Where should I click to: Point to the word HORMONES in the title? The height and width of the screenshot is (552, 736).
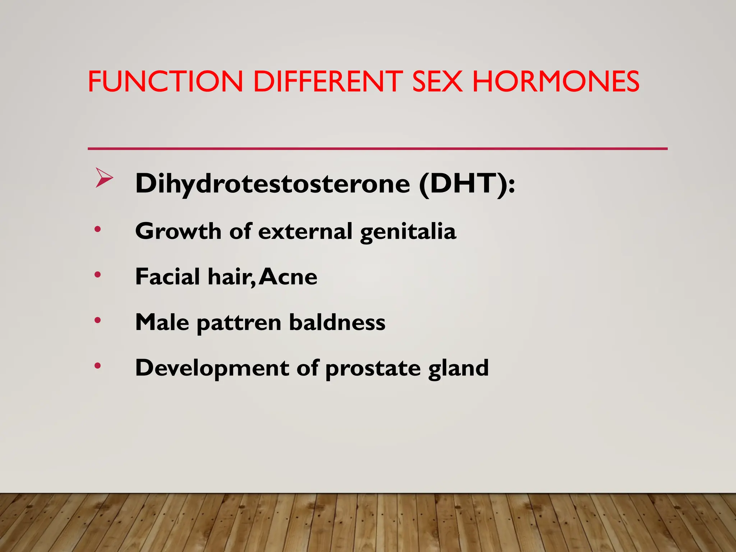(x=556, y=82)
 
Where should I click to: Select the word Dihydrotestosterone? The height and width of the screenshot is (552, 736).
(x=272, y=184)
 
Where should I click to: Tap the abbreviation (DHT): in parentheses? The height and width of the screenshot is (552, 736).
(x=467, y=184)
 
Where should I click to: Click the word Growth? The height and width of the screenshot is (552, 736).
(x=178, y=231)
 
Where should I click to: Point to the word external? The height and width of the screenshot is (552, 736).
(x=305, y=231)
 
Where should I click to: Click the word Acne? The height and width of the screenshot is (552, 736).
(x=288, y=277)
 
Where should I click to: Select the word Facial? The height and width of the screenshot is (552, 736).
(x=167, y=277)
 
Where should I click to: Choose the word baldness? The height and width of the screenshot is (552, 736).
(x=337, y=322)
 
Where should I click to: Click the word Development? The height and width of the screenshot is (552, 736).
(x=212, y=369)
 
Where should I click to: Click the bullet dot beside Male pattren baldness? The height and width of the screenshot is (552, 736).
(x=97, y=320)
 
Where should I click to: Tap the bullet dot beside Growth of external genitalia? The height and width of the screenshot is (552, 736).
(x=97, y=229)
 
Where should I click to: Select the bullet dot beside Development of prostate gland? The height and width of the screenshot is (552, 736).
(x=97, y=366)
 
